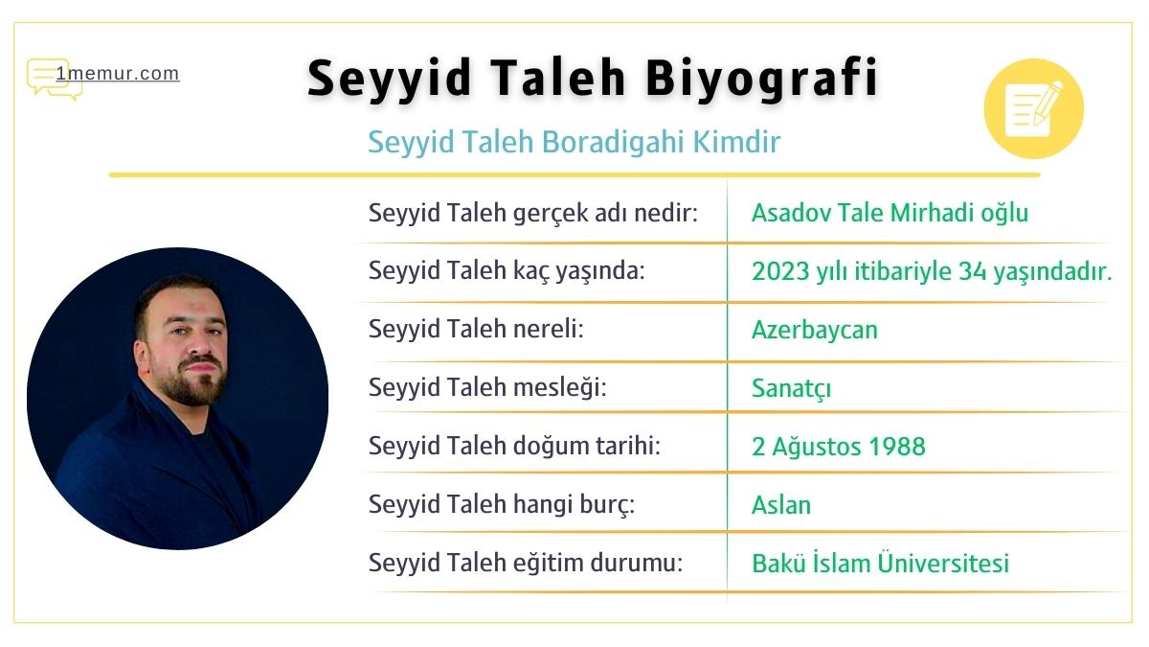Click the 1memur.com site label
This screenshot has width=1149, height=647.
click(x=117, y=74)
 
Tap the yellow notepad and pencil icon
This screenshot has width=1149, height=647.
click(x=1033, y=108)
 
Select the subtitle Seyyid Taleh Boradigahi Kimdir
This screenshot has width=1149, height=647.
click(x=574, y=142)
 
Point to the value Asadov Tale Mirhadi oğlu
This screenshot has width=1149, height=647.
click(x=890, y=213)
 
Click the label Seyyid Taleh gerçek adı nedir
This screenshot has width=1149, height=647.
click(x=533, y=213)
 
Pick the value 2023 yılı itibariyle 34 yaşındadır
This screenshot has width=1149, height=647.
click(x=932, y=271)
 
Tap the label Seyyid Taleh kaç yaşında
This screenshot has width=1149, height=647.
click(x=507, y=271)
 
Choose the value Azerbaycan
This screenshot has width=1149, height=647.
click(x=815, y=330)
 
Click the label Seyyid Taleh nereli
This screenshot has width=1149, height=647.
click(x=476, y=330)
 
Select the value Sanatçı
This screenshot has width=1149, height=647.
click(x=791, y=388)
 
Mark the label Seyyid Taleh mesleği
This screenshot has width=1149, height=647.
click(x=488, y=388)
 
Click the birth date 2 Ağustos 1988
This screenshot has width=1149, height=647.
click(x=839, y=447)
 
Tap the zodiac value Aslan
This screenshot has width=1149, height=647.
click(x=781, y=505)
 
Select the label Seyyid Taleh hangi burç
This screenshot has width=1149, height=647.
click(x=503, y=505)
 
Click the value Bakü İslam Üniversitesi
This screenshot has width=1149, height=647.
click(x=880, y=564)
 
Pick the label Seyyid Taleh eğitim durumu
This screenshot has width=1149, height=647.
click(x=526, y=564)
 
